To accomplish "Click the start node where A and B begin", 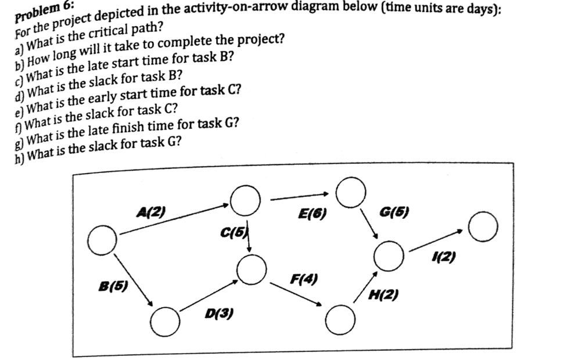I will [x=103, y=240].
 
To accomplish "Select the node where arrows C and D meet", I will [x=252, y=270].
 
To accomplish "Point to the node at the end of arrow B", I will [x=165, y=320].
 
